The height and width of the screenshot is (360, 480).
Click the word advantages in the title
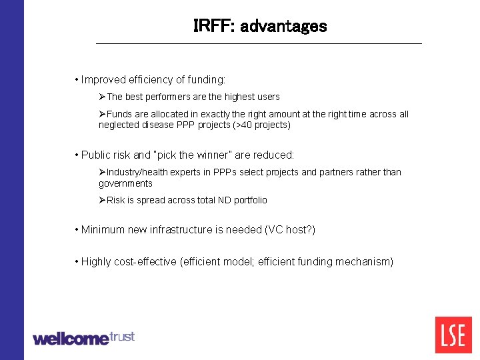click(283, 26)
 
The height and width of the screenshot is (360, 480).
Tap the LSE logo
click(453, 335)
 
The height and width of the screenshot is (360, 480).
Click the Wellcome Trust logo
click(83, 337)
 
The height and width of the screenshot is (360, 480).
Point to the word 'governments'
click(125, 183)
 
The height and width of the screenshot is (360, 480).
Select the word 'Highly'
click(96, 262)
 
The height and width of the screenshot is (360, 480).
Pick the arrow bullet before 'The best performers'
click(103, 97)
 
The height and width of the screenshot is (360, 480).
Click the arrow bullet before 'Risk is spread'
click(103, 200)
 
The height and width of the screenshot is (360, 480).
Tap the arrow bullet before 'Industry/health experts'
click(103, 172)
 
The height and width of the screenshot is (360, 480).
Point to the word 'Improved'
click(103, 80)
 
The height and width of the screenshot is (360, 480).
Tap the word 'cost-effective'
click(145, 262)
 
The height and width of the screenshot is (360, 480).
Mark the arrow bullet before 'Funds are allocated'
click(103, 114)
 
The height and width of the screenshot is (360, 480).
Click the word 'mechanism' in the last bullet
click(365, 262)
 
